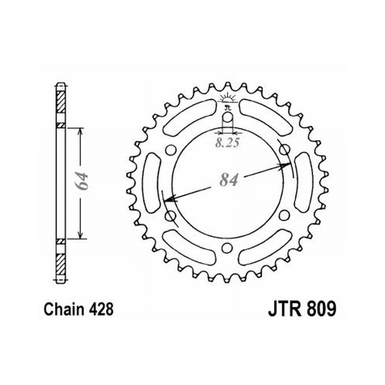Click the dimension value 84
pyautogui.click(x=229, y=180)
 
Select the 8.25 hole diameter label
pyautogui.click(x=228, y=143)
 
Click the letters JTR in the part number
pyautogui.click(x=285, y=309)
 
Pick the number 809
pyautogui.click(x=321, y=309)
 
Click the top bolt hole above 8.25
pyautogui.click(x=228, y=117)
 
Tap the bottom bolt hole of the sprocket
pyautogui.click(x=227, y=248)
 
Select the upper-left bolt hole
pyautogui.click(x=171, y=150)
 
